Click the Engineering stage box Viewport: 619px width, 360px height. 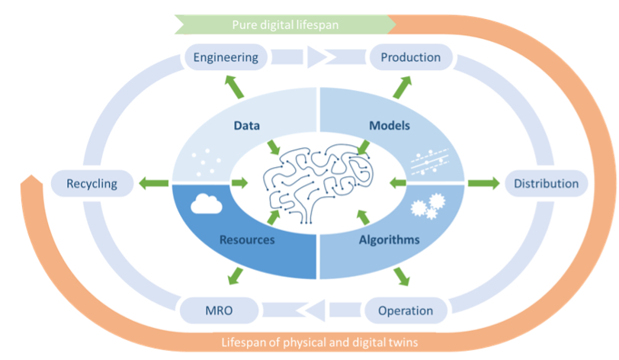[x=226, y=57]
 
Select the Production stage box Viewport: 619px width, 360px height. [x=411, y=57]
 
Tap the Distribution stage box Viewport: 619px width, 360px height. [x=546, y=183]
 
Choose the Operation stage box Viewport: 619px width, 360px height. [x=406, y=310]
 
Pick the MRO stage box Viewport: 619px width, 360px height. [x=219, y=310]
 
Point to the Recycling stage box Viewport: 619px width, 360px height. [x=92, y=183]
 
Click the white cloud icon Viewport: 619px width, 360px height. [x=206, y=204]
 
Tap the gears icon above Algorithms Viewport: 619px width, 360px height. [x=428, y=206]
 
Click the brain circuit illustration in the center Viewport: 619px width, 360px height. [x=318, y=183]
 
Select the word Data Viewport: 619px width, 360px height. [x=247, y=126]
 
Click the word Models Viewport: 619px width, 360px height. [x=390, y=126]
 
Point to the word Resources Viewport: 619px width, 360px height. [x=247, y=239]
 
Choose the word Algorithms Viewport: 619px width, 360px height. [x=390, y=239]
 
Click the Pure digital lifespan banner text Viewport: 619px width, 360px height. [x=285, y=25]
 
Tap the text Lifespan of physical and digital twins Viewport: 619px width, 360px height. [x=319, y=342]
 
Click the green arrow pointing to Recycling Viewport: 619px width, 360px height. [x=153, y=183]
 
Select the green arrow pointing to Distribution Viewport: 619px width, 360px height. [x=483, y=183]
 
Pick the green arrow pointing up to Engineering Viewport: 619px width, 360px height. [x=234, y=86]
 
